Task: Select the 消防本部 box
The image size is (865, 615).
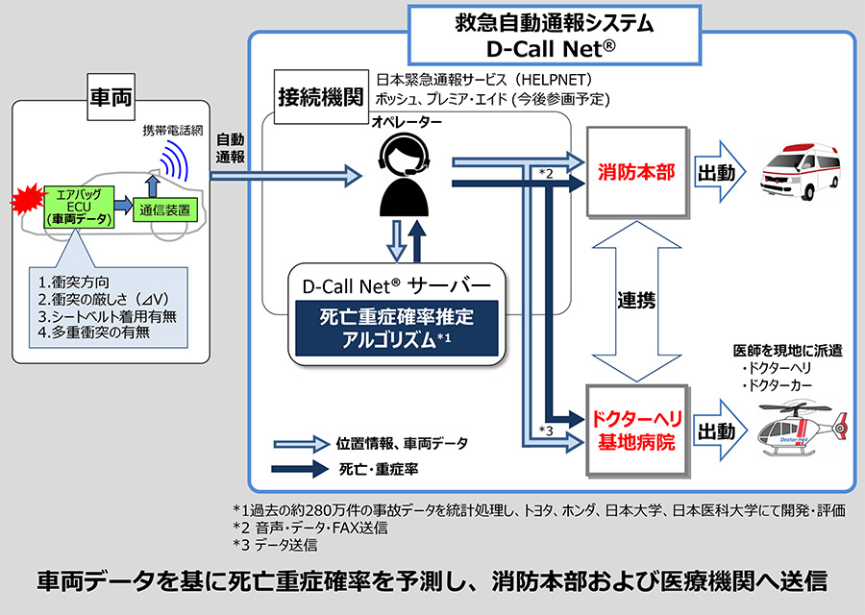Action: click(x=636, y=173)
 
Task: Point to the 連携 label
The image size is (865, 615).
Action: click(x=636, y=301)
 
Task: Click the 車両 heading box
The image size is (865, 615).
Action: click(x=111, y=97)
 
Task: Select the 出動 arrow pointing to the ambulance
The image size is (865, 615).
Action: click(x=718, y=174)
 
